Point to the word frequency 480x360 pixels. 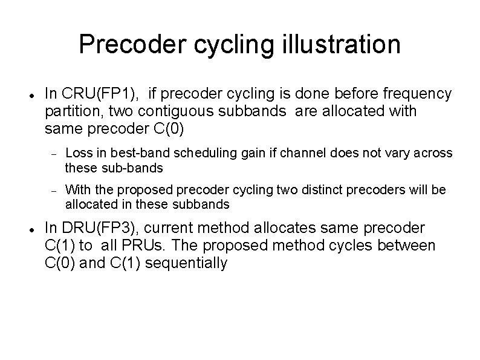click(x=417, y=93)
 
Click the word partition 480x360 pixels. click(x=68, y=111)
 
